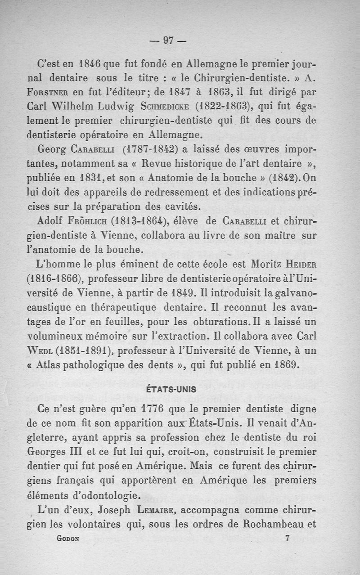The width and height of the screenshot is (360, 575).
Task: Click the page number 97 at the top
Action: tap(169, 40)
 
